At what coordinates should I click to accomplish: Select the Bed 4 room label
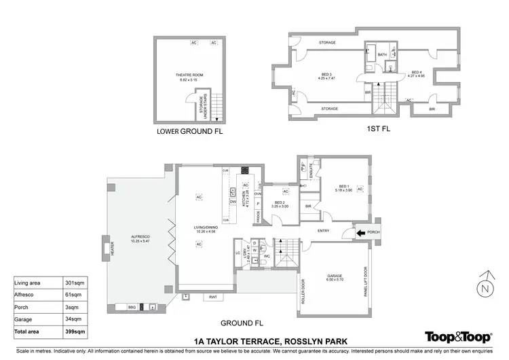coord(417,74)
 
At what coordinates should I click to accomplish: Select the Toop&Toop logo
coord(457,336)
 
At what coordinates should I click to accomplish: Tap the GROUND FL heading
coord(242,323)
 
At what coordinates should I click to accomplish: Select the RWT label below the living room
coord(212,297)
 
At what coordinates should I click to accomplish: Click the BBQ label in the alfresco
coord(132,308)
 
